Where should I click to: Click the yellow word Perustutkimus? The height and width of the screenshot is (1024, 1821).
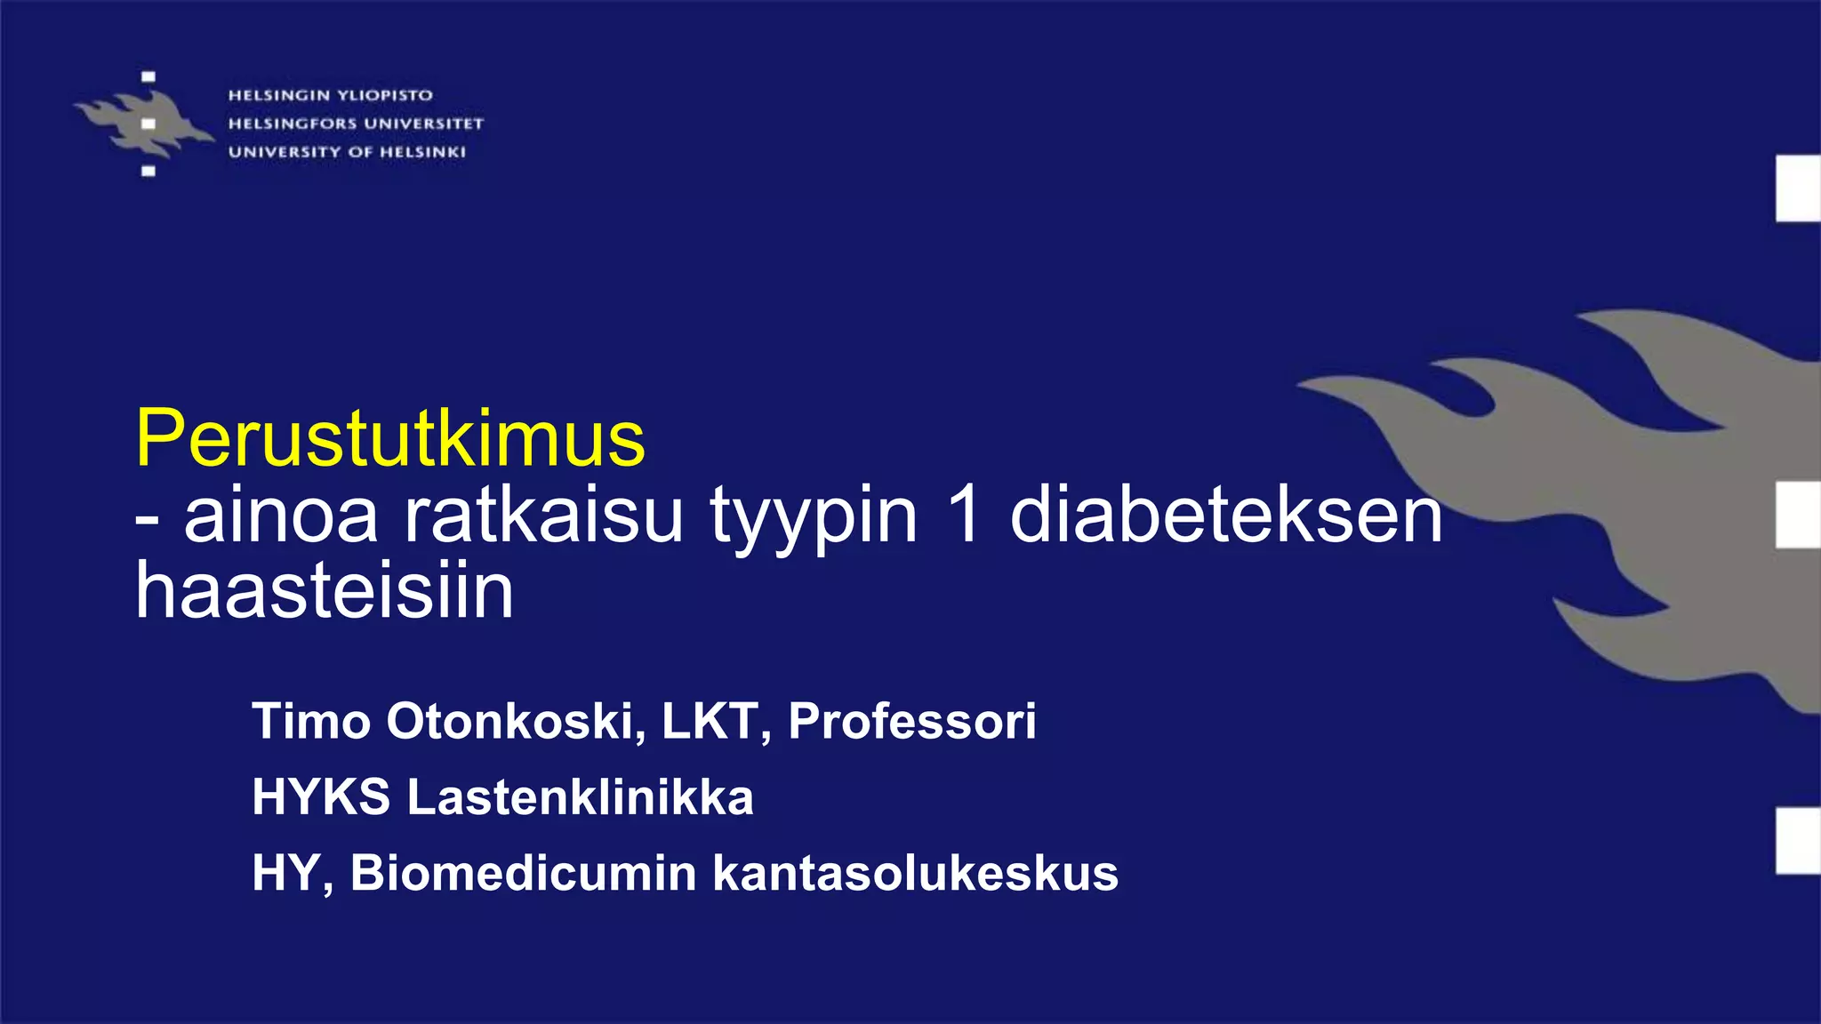pos(389,438)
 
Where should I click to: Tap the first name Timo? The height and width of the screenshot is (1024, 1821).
pos(311,721)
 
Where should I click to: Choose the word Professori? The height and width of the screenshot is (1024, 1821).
pos(912,721)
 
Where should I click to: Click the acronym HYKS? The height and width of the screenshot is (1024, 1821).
pos(321,796)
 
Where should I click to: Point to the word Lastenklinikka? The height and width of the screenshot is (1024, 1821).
pos(581,796)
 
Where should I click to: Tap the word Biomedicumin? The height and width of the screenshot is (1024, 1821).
pos(524,873)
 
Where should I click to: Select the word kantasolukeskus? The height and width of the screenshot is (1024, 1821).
pos(916,873)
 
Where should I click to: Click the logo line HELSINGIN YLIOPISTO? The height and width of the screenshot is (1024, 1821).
pos(331,95)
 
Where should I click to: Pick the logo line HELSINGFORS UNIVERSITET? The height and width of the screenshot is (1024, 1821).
pos(356,124)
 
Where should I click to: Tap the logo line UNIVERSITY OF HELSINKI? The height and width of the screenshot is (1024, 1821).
pos(347,152)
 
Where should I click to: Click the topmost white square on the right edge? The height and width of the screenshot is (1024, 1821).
pos(1798,188)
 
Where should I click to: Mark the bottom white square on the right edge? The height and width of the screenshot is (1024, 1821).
pos(1798,841)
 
